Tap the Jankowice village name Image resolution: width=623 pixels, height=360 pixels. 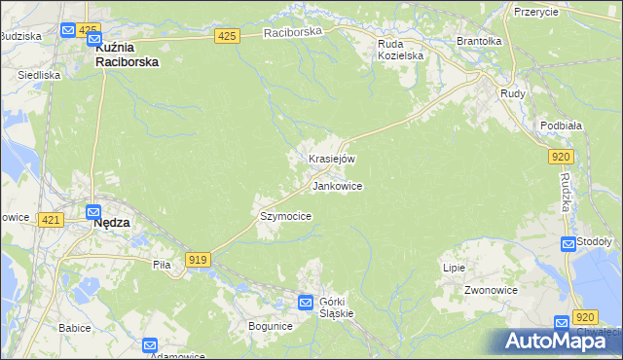pos(337,185)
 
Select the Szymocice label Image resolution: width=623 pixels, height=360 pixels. pos(285,216)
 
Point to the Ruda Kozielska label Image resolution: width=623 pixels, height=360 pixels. pos(401,50)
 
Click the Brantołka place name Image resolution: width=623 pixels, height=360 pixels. pos(479,42)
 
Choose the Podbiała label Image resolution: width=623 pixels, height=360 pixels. pos(561,126)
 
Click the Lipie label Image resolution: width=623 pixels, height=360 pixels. pos(454,268)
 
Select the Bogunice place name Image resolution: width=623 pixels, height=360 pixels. pos(270,326)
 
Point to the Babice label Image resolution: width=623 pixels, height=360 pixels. pos(74,328)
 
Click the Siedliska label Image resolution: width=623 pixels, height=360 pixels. pos(39,75)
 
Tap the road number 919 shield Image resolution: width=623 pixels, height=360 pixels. pos(199,259)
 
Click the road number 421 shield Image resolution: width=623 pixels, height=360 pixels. pos(52,221)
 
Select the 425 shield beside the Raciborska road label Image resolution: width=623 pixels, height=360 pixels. pos(227,36)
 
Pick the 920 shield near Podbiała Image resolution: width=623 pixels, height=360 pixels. pos(560,156)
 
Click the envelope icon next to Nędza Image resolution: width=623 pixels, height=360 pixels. pos(94,212)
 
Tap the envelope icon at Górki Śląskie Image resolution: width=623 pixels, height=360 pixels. pos(306,303)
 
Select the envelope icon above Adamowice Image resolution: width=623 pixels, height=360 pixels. pos(150,344)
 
